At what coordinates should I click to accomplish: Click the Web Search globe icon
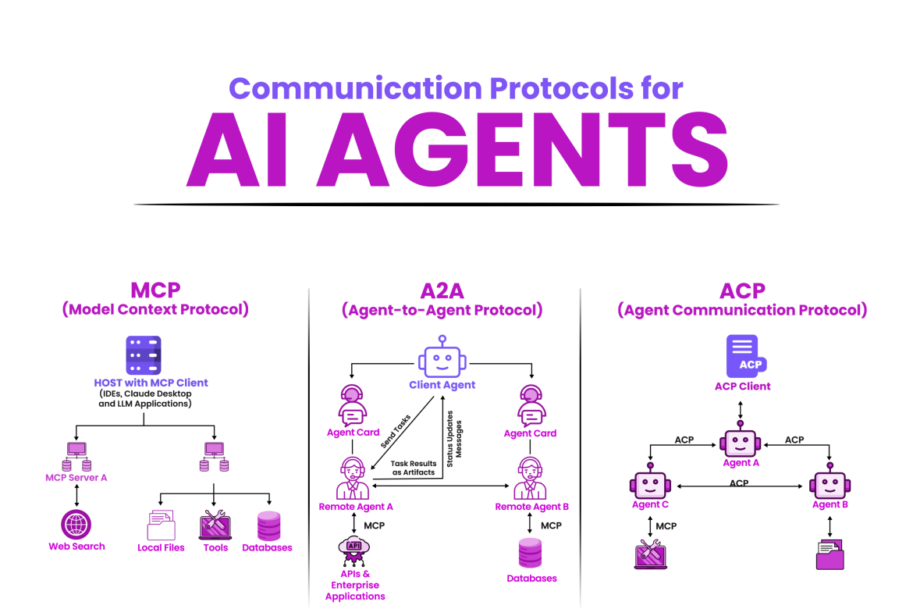pyautogui.click(x=76, y=524)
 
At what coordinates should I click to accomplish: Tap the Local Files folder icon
pyautogui.click(x=161, y=525)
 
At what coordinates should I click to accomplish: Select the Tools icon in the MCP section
pyautogui.click(x=215, y=525)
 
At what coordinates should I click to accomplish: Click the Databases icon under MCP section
pyautogui.click(x=268, y=525)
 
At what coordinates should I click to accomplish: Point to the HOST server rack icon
pyautogui.click(x=143, y=355)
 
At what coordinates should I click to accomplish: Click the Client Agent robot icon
pyautogui.click(x=442, y=358)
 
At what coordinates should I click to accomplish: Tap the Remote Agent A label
pyautogui.click(x=356, y=507)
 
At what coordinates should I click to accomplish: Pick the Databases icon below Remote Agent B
pyautogui.click(x=531, y=553)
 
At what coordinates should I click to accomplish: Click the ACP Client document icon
pyautogui.click(x=743, y=357)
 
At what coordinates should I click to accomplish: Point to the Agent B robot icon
pyautogui.click(x=830, y=484)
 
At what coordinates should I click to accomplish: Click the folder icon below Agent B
pyautogui.click(x=830, y=557)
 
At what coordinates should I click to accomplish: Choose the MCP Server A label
pyautogui.click(x=76, y=477)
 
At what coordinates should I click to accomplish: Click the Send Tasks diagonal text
pyautogui.click(x=396, y=430)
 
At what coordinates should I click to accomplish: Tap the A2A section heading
pyautogui.click(x=442, y=291)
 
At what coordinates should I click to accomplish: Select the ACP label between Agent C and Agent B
pyautogui.click(x=738, y=483)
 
